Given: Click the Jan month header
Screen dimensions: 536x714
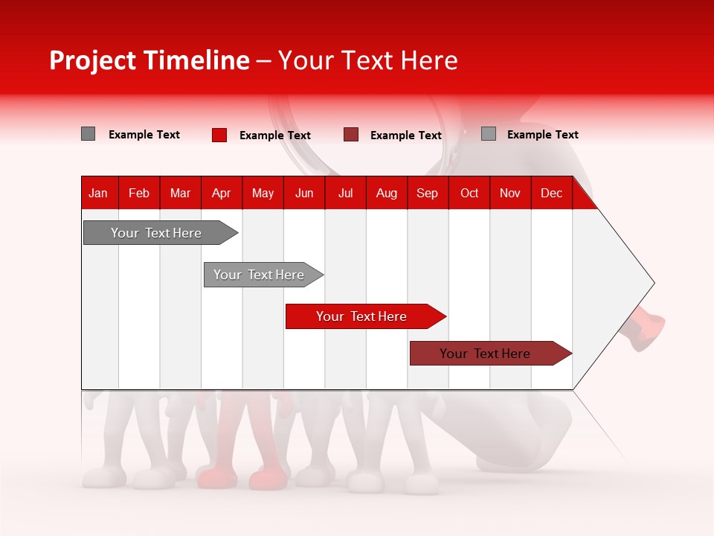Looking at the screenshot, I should coord(98,193).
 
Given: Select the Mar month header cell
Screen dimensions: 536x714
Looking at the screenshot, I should coord(180,193).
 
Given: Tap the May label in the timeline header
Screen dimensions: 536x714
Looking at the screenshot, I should coord(263,193).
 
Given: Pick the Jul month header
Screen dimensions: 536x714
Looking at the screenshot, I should coord(345,193).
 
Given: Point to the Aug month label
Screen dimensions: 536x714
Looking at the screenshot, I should coord(386,193).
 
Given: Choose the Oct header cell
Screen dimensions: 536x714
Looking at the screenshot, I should coord(469,193).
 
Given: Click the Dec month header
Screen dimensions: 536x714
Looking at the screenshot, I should coord(551,193).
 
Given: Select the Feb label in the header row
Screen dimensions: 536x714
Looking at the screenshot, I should coord(139,193).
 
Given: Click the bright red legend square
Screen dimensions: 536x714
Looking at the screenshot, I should coord(219,135).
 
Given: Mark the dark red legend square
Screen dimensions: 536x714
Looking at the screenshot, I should coord(351,135).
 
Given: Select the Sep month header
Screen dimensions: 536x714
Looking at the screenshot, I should coord(427,193).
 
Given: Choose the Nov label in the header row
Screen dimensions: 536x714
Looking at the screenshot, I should coord(509,193).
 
